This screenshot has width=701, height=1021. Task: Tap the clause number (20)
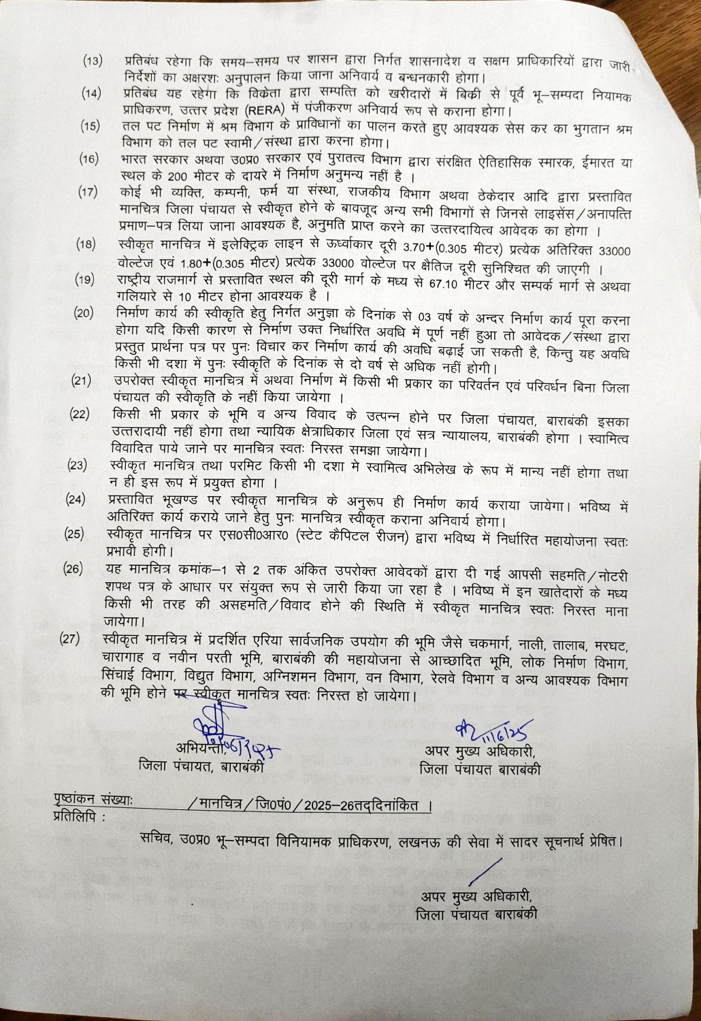tap(84, 314)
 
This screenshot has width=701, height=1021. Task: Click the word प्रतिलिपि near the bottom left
tap(78, 817)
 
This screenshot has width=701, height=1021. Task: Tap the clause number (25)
tap(74, 533)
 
